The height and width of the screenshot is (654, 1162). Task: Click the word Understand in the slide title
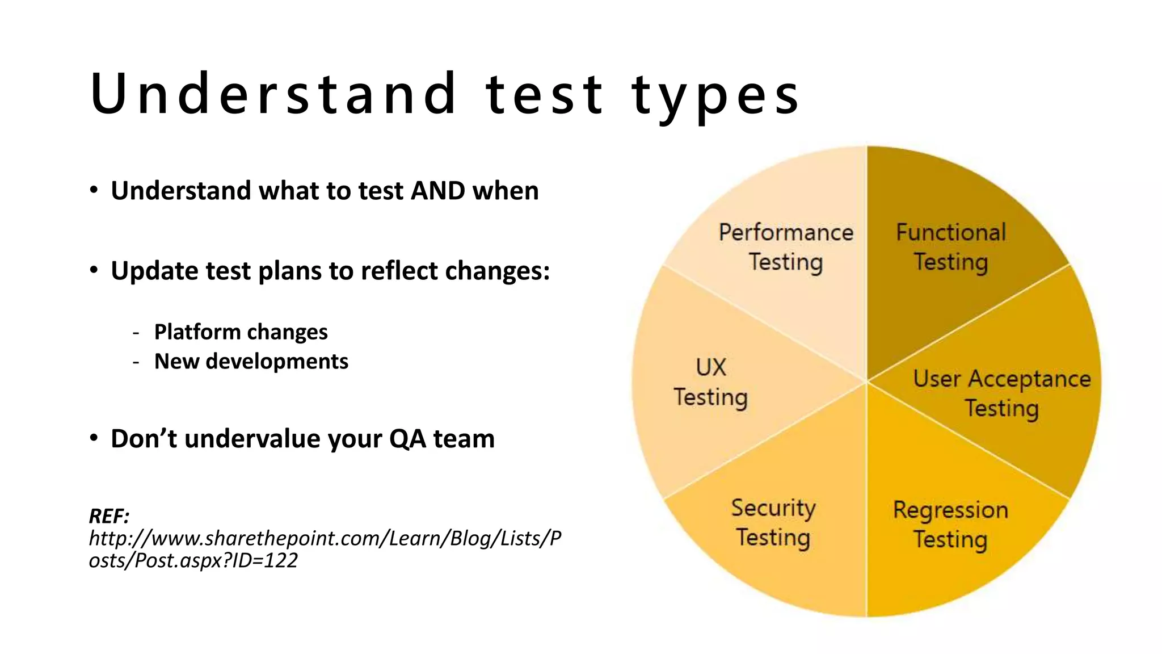[x=272, y=94]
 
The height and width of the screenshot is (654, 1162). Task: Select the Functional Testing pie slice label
[x=951, y=248]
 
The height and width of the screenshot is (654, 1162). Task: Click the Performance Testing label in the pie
[x=786, y=248]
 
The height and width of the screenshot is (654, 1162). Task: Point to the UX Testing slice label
[x=710, y=382]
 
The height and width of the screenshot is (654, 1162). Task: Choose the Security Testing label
[x=773, y=523]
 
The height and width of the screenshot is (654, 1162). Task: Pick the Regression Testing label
[x=950, y=525]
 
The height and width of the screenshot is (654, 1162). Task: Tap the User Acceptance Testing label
[x=1002, y=393]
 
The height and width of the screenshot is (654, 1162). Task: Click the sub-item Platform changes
[x=241, y=332]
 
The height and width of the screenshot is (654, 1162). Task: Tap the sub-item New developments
[x=251, y=362]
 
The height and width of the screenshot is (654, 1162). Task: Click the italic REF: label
[x=109, y=517]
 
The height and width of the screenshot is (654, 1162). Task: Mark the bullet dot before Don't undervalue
[x=94, y=438]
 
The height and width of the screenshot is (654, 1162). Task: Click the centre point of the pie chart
[x=866, y=381]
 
